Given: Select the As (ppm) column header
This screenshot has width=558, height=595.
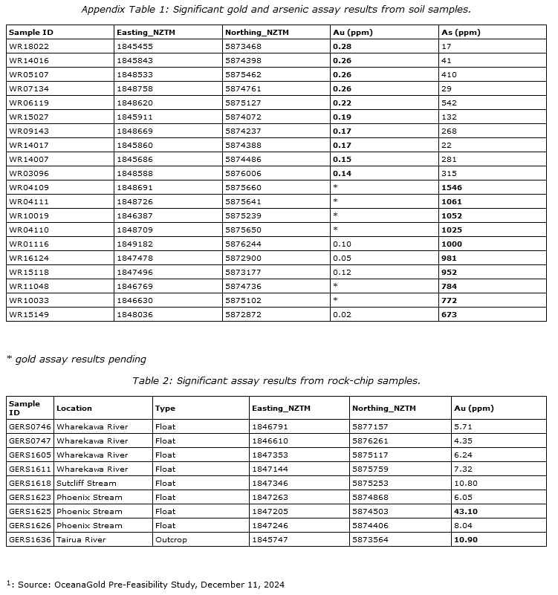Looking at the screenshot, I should pyautogui.click(x=461, y=33).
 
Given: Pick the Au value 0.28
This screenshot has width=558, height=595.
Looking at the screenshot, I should pyautogui.click(x=343, y=46).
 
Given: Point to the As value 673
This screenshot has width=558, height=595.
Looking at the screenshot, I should pyautogui.click(x=450, y=314).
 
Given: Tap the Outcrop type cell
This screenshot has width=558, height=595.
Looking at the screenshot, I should pyautogui.click(x=170, y=540).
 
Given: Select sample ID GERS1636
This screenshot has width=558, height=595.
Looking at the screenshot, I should pyautogui.click(x=29, y=540).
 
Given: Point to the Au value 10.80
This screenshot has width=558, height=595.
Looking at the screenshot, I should pyautogui.click(x=466, y=484).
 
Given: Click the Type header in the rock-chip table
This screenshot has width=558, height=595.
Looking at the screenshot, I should pyautogui.click(x=166, y=408).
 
